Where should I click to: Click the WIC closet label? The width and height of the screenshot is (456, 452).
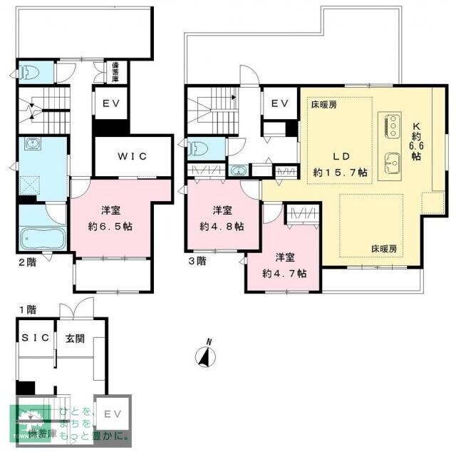[133, 157]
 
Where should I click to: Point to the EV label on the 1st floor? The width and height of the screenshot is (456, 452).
[113, 414]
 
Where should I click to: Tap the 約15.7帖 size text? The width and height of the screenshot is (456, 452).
[340, 173]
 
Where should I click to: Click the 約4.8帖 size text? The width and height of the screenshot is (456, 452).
[221, 226]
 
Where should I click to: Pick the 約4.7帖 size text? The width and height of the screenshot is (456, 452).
[284, 273]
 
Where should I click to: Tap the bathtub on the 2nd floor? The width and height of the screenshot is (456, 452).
[41, 237]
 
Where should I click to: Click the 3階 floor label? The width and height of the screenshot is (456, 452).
[197, 261]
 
